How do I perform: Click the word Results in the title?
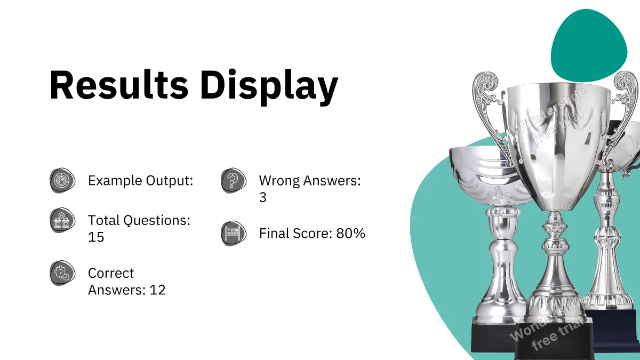[119, 85]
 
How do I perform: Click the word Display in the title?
[269, 87]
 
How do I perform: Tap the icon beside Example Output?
[62, 180]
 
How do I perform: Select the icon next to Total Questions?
[62, 220]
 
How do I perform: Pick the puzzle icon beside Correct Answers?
[62, 273]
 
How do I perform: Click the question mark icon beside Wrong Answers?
[234, 180]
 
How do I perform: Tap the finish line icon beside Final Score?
[234, 233]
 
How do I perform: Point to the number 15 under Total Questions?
[96, 237]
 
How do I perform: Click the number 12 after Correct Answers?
[157, 290]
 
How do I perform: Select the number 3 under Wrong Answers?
[263, 197]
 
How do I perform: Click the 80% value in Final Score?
[350, 234]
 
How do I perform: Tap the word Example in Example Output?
[115, 181]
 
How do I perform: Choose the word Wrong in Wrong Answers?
[279, 181]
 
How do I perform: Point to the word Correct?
[111, 273]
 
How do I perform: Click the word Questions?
[157, 221]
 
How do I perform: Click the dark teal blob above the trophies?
[589, 46]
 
